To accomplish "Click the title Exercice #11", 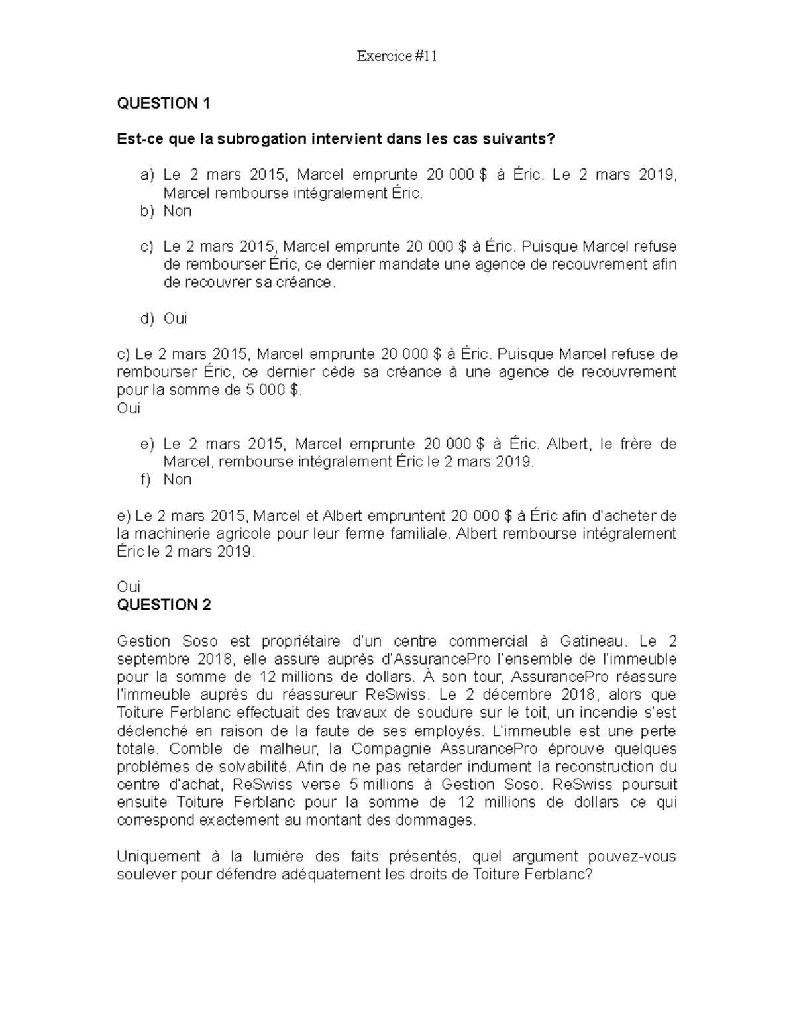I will point(397,56).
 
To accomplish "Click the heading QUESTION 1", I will point(163,103).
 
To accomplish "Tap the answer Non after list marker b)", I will point(178,211).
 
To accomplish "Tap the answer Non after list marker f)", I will point(178,480).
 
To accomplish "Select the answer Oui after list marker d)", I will point(176,319).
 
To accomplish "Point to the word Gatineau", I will point(592,641).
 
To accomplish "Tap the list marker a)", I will point(147,175).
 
